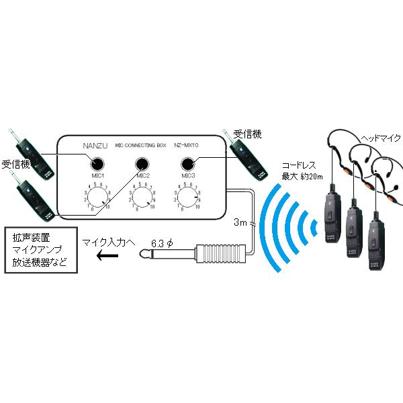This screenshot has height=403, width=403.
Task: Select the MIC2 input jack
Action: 142,164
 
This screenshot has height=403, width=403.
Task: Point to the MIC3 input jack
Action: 188,164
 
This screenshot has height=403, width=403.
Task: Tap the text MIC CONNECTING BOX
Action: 140,144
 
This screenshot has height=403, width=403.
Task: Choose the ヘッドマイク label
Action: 380,138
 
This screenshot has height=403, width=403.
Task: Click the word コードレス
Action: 299,165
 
